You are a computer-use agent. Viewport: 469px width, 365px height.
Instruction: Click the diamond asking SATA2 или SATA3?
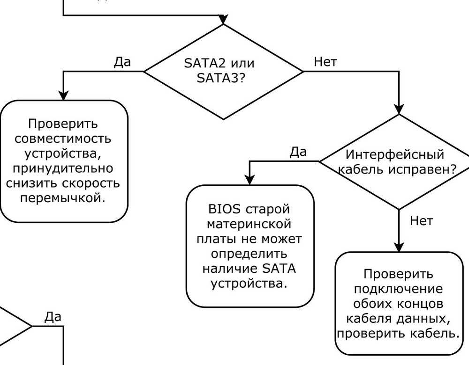[x=223, y=71]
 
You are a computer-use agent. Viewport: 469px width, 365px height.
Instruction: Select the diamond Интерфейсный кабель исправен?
[x=399, y=162]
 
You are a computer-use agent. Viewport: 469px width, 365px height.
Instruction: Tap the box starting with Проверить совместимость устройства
[x=64, y=161]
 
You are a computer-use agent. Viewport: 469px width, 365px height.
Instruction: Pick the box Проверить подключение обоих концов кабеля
[x=399, y=304]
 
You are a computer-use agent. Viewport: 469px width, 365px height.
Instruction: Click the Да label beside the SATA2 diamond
[x=122, y=62]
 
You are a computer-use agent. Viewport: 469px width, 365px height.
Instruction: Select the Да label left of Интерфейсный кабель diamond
[x=298, y=152]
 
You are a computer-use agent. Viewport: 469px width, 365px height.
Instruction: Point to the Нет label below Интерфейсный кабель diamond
[x=421, y=221]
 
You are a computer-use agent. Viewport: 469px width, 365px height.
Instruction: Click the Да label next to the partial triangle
[x=53, y=317]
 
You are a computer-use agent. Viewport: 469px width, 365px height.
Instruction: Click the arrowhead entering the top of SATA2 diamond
[x=223, y=20]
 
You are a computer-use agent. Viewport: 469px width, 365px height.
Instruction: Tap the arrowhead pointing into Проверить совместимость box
[x=63, y=95]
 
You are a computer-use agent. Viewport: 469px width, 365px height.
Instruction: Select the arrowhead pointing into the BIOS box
[x=249, y=180]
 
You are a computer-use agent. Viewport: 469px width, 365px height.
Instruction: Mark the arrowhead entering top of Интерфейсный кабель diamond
[x=399, y=109]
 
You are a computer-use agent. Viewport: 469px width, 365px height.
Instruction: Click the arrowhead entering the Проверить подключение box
[x=399, y=247]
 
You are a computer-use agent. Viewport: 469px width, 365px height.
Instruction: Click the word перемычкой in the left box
[x=63, y=198]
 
